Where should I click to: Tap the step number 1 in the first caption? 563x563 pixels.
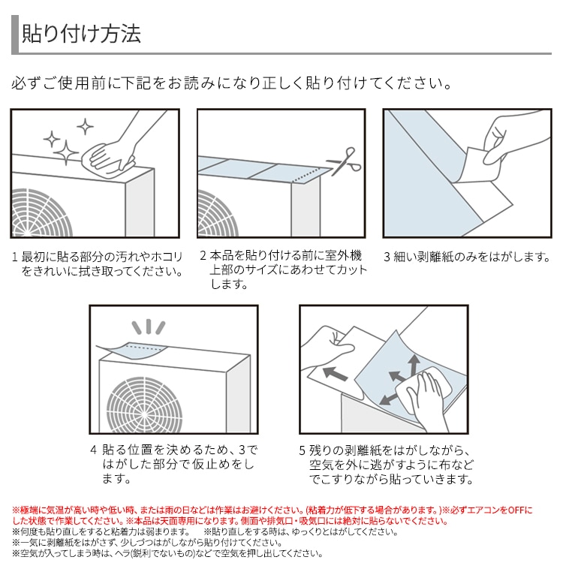(x=14, y=257)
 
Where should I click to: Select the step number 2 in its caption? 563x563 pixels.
(x=203, y=257)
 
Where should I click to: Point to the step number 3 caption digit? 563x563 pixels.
(x=387, y=257)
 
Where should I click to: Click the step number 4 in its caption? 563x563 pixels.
(x=93, y=450)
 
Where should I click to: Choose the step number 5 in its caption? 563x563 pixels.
(x=303, y=450)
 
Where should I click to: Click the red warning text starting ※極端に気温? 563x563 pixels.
(x=270, y=515)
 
